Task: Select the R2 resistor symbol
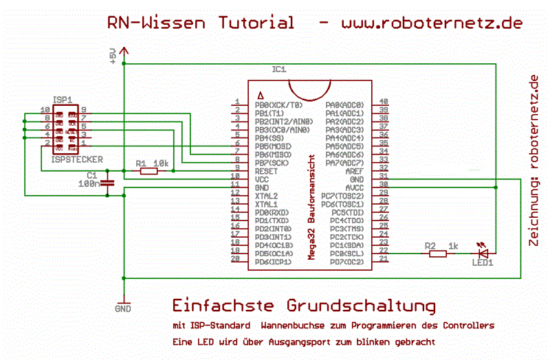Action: tap(437, 254)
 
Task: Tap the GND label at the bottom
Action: tap(123, 309)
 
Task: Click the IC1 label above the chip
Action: tap(279, 69)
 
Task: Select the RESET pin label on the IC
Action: tap(267, 171)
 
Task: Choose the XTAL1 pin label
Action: tap(267, 204)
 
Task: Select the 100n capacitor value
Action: tap(89, 184)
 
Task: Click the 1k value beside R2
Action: tap(453, 245)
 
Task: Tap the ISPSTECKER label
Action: tap(77, 159)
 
